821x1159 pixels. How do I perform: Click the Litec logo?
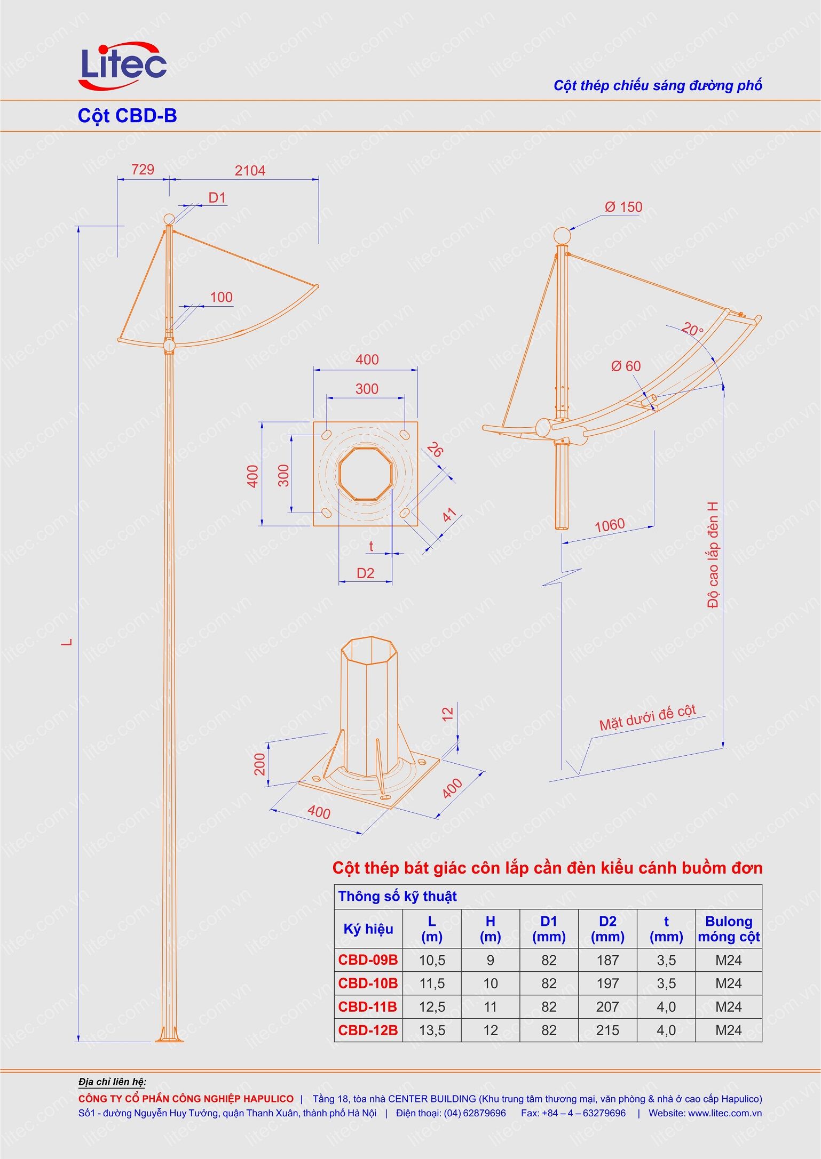pyautogui.click(x=123, y=65)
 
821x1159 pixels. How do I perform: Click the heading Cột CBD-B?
pyautogui.click(x=127, y=115)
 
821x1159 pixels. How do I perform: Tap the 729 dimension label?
pyautogui.click(x=143, y=170)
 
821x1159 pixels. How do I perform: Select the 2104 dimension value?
pyautogui.click(x=250, y=171)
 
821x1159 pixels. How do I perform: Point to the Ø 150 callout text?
pyautogui.click(x=623, y=207)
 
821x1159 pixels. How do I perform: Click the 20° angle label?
pyautogui.click(x=692, y=330)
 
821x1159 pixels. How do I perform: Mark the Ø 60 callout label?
pyautogui.click(x=626, y=366)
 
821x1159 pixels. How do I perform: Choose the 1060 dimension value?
pyautogui.click(x=610, y=525)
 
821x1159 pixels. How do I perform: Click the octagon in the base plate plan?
pyautogui.click(x=366, y=473)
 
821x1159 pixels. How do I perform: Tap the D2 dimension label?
pyautogui.click(x=365, y=573)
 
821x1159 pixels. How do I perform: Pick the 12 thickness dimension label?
pyautogui.click(x=448, y=714)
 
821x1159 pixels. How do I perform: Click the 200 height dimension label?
pyautogui.click(x=260, y=764)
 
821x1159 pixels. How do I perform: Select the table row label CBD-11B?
pyautogui.click(x=368, y=1007)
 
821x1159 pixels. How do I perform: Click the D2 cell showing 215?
pyautogui.click(x=607, y=1030)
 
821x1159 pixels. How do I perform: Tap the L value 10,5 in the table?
pyautogui.click(x=432, y=961)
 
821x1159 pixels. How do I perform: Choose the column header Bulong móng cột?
pyautogui.click(x=729, y=929)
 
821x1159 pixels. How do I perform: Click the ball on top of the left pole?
pyautogui.click(x=169, y=219)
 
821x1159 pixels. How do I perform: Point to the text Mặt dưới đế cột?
pyautogui.click(x=648, y=718)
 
